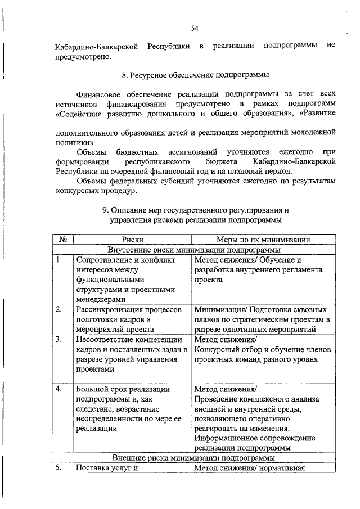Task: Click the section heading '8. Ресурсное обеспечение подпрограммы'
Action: coord(195,75)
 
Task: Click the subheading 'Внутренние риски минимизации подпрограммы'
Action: coord(195,250)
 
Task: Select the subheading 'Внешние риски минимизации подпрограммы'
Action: coord(195,457)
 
